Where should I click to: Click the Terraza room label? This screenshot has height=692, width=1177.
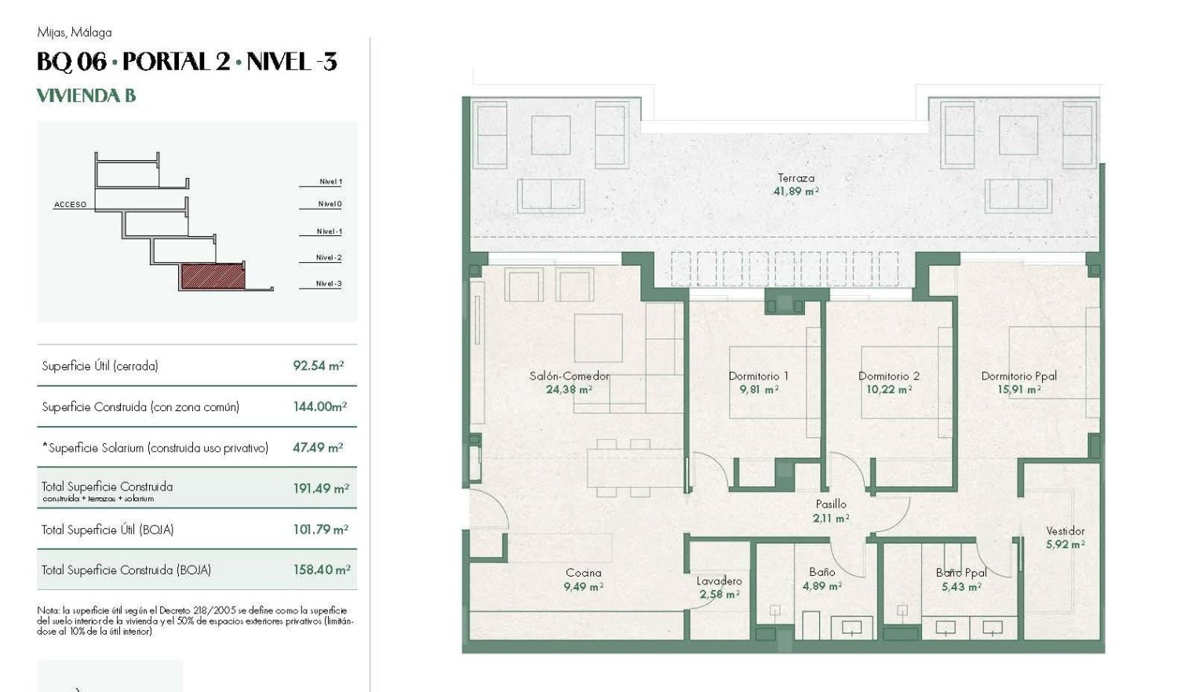pyautogui.click(x=796, y=178)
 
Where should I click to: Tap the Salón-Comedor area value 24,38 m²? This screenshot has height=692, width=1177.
pyautogui.click(x=569, y=389)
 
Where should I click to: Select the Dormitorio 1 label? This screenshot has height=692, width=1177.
pyautogui.click(x=758, y=376)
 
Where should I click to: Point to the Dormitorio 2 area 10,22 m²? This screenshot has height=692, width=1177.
pyautogui.click(x=888, y=389)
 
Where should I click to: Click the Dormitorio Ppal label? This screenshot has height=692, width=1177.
pyautogui.click(x=1018, y=376)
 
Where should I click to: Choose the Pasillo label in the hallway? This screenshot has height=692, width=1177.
pyautogui.click(x=831, y=504)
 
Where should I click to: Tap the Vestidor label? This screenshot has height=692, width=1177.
pyautogui.click(x=1065, y=531)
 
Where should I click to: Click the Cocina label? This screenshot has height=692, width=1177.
pyautogui.click(x=583, y=573)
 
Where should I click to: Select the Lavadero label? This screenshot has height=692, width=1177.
pyautogui.click(x=719, y=581)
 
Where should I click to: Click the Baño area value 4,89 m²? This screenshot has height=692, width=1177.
pyautogui.click(x=822, y=586)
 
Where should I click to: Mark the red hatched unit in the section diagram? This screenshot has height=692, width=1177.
pyautogui.click(x=213, y=276)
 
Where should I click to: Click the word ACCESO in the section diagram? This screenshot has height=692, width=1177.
pyautogui.click(x=70, y=205)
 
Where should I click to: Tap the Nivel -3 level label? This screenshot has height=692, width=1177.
pyautogui.click(x=329, y=284)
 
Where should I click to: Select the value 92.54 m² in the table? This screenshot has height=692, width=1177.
pyautogui.click(x=318, y=366)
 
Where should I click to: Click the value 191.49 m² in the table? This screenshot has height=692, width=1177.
pyautogui.click(x=320, y=488)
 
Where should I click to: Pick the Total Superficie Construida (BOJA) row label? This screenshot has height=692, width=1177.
pyautogui.click(x=126, y=570)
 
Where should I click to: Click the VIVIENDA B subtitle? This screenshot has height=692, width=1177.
pyautogui.click(x=86, y=96)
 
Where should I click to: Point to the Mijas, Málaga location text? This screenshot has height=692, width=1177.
pyautogui.click(x=75, y=32)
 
